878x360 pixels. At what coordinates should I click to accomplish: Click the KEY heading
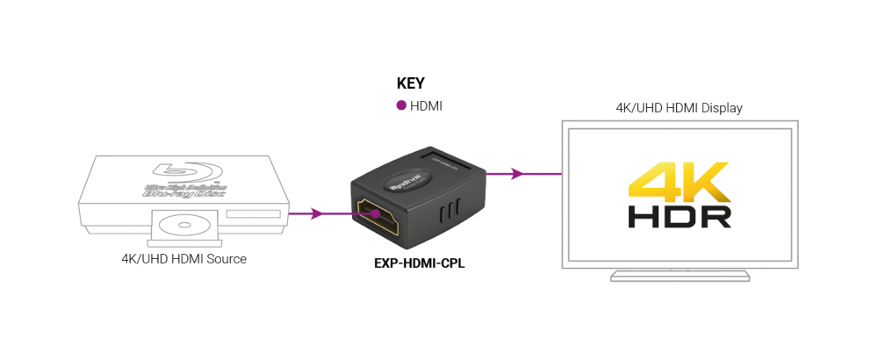pos(411,84)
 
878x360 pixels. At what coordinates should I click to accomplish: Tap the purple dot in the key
pos(401,105)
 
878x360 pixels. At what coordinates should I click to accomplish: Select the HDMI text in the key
pos(426,106)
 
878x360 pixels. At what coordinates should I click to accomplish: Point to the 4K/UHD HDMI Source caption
pos(184,259)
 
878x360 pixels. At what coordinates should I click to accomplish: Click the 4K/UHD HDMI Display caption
pos(679,108)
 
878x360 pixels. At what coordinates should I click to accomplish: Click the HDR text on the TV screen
pos(680,216)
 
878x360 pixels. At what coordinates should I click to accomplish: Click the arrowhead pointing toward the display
pos(517,174)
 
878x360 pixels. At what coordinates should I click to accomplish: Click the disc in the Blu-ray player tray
pos(186,225)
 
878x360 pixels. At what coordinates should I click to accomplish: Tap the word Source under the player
pos(226,259)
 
